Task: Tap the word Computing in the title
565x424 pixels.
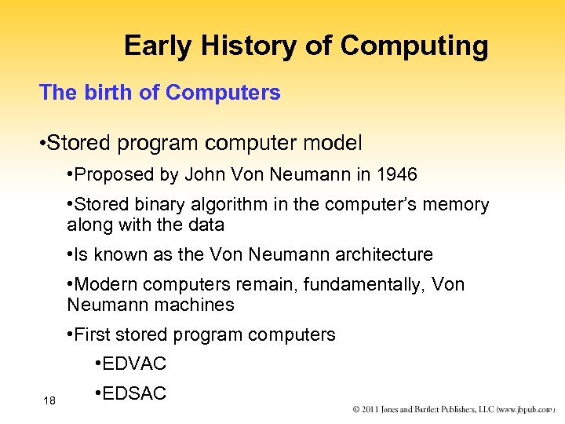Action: [414, 46]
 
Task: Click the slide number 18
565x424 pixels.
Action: [49, 401]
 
